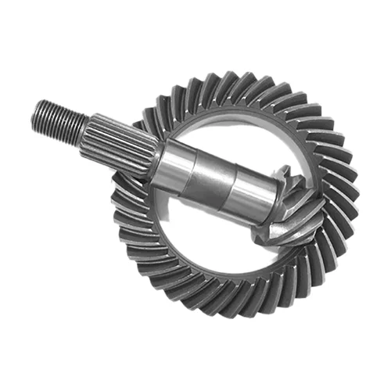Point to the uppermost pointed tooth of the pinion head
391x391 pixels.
pos(284,170)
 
